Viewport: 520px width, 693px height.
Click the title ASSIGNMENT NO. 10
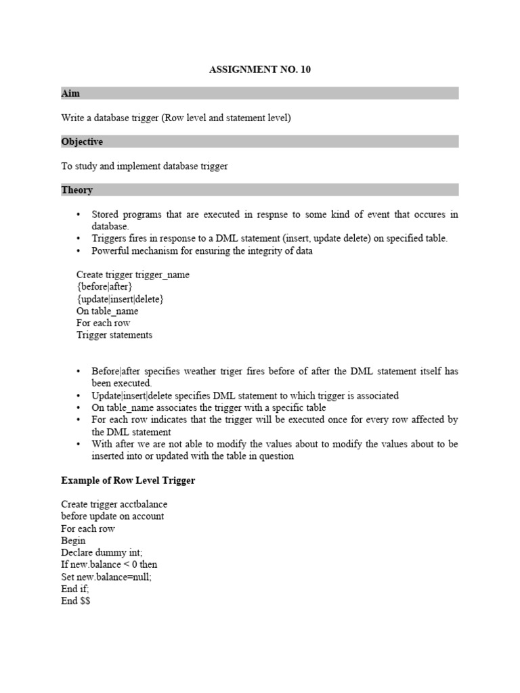[x=259, y=70]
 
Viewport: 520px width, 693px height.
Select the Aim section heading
[x=70, y=93]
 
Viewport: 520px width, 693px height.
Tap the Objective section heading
[x=82, y=141]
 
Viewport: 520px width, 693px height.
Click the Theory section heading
[x=77, y=190]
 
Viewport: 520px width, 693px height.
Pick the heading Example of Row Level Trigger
[x=128, y=480]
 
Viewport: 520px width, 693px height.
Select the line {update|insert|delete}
[x=120, y=299]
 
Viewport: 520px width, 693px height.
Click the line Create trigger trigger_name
[x=133, y=275]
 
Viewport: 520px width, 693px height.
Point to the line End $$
[x=75, y=601]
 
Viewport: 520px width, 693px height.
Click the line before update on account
[x=112, y=516]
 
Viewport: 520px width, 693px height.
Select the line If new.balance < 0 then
[x=109, y=564]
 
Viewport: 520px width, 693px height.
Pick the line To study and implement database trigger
[x=144, y=166]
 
